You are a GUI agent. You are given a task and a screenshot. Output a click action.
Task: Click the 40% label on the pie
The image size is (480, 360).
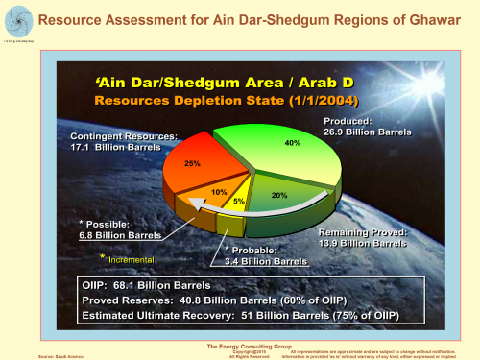(x=293, y=143)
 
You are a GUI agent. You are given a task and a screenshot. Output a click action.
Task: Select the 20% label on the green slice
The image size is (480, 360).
(x=279, y=195)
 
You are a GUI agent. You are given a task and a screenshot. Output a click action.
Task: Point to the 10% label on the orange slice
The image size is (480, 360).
(x=219, y=193)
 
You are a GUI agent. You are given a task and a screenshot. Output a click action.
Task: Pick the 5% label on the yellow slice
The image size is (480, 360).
(x=238, y=203)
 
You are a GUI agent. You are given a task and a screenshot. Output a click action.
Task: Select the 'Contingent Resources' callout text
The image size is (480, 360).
(x=123, y=143)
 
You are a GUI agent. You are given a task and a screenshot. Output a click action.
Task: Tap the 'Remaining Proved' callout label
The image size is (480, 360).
(x=364, y=239)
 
